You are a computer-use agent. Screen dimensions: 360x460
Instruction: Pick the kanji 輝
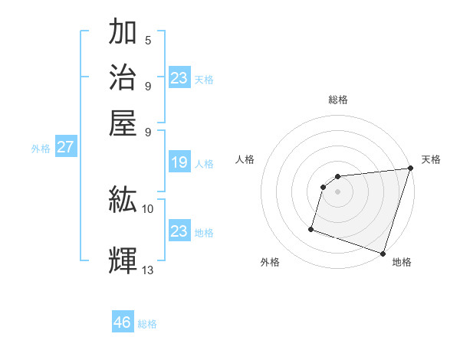[123, 260]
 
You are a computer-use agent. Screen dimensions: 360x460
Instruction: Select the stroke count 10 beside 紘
[148, 208]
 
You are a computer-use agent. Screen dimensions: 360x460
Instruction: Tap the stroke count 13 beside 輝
[148, 270]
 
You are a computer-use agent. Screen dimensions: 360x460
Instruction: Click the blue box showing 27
[65, 147]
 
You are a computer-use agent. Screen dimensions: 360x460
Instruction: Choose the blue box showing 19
[179, 162]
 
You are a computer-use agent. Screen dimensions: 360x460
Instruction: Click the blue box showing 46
[122, 322]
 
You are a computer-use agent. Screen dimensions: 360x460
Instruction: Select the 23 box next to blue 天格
[179, 78]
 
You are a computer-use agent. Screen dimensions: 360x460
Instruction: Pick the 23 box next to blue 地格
[179, 231]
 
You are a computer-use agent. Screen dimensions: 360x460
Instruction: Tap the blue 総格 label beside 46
[147, 324]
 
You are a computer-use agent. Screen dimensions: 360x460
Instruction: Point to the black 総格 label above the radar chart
[338, 100]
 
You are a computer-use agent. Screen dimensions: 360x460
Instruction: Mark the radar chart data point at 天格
[410, 169]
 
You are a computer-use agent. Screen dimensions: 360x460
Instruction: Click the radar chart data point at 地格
[383, 253]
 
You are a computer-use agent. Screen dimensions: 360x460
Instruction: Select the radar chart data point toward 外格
[311, 228]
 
